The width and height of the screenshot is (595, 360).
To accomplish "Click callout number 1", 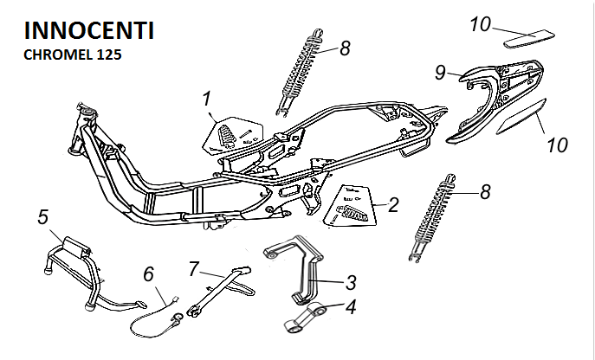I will pos(207,99).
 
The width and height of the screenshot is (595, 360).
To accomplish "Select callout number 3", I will pos(351,282).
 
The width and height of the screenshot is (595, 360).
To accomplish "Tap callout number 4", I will pos(351,305).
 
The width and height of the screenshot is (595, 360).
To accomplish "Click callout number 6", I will pos(148,273).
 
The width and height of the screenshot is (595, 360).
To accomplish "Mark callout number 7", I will pos(194,267).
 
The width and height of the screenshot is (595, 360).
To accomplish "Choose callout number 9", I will pos(440,72).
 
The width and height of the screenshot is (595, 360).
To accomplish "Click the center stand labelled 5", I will pos(74,268).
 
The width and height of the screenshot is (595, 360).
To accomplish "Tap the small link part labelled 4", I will pos(307,318).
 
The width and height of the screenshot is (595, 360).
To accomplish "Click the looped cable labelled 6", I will pos(156,317).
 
